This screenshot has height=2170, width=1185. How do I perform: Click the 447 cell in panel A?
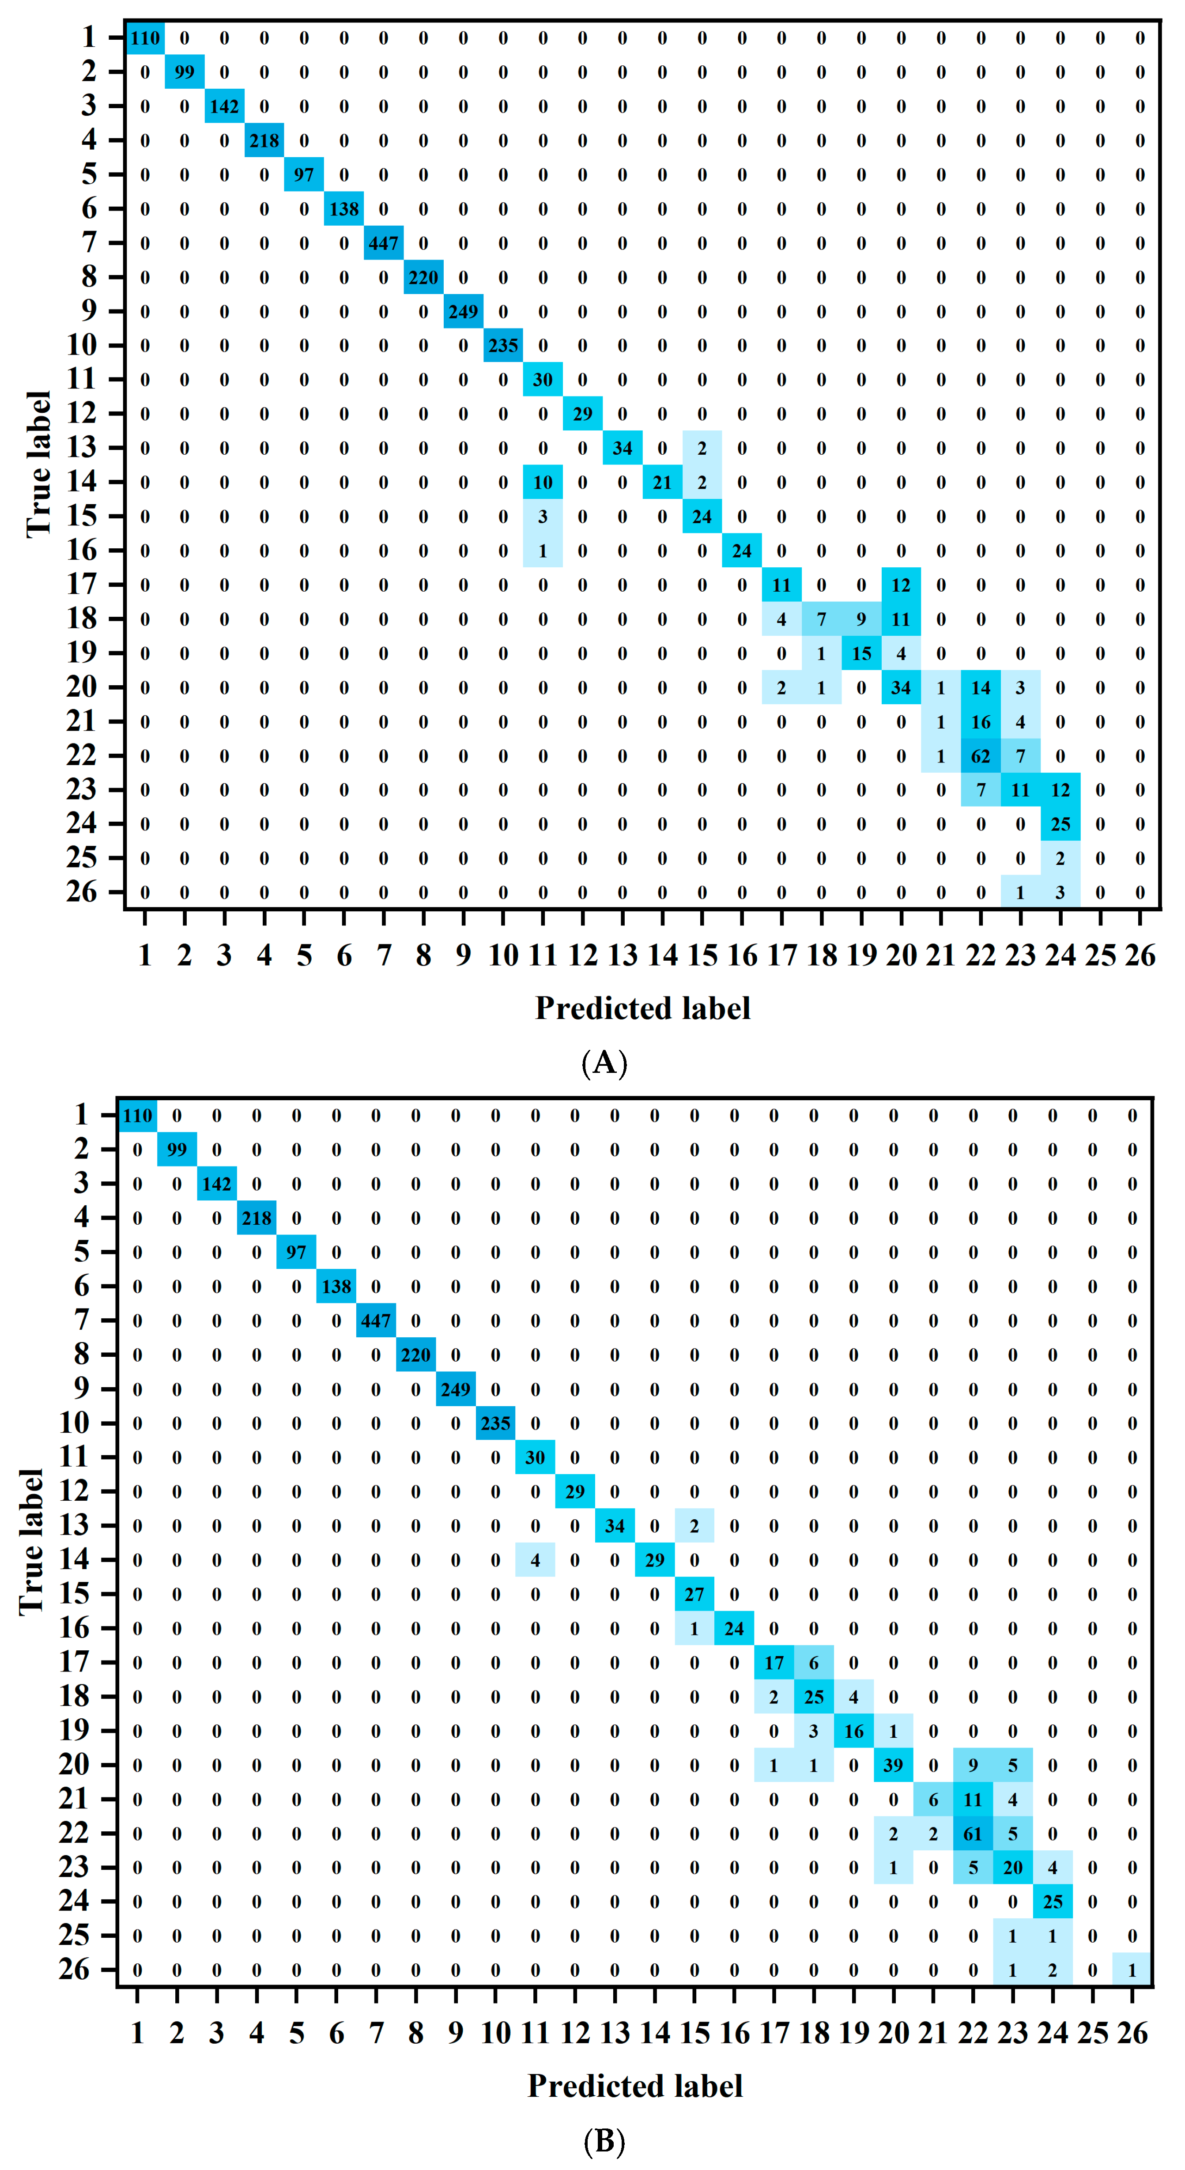[x=383, y=243]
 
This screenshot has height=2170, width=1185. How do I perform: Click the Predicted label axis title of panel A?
[x=643, y=1008]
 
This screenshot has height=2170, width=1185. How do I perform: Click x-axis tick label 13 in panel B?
[x=615, y=2034]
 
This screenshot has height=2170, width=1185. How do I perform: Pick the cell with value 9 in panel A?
[x=861, y=619]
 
